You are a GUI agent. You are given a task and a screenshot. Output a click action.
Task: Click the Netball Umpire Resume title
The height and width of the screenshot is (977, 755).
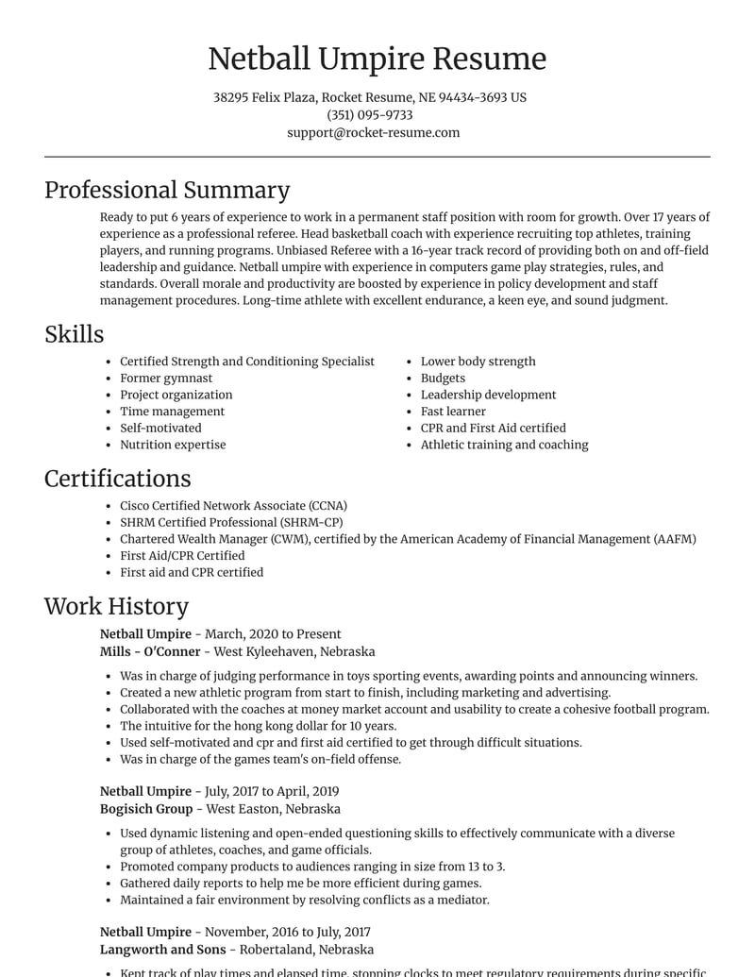(x=377, y=59)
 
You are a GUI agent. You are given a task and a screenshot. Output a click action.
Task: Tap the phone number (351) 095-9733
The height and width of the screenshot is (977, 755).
(x=369, y=115)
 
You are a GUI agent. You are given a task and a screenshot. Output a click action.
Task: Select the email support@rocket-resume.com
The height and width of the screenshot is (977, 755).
(x=373, y=133)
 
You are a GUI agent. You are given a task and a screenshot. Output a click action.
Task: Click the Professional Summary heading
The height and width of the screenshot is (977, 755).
(x=167, y=190)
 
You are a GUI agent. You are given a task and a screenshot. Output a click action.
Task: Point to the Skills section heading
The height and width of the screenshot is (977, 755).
(x=74, y=334)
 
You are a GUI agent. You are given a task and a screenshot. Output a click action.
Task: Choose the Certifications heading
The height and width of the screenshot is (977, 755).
(x=117, y=479)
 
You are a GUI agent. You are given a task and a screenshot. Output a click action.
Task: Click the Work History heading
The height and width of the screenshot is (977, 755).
(x=116, y=606)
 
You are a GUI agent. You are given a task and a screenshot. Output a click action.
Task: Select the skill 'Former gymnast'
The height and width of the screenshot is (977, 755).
(x=166, y=379)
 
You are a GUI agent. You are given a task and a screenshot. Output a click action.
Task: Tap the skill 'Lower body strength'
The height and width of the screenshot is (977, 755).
(x=478, y=362)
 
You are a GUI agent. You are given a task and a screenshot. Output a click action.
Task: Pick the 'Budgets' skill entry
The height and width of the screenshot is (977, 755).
(x=443, y=379)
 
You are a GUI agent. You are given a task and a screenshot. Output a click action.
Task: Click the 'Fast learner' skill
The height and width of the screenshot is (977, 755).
(x=453, y=412)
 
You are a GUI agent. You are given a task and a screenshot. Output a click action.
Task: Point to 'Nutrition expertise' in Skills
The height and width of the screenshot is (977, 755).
(x=173, y=445)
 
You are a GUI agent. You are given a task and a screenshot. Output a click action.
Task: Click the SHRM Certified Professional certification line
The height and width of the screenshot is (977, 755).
(x=231, y=522)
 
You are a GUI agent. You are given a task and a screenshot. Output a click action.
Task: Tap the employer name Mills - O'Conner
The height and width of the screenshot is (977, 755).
(x=150, y=651)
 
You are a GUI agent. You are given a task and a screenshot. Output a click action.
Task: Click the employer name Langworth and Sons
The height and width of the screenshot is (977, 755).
(x=162, y=950)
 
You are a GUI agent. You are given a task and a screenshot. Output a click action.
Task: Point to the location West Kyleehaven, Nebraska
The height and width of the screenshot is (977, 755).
(x=294, y=651)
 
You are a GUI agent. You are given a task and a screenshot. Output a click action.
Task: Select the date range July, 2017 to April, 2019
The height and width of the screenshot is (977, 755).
(x=272, y=792)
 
